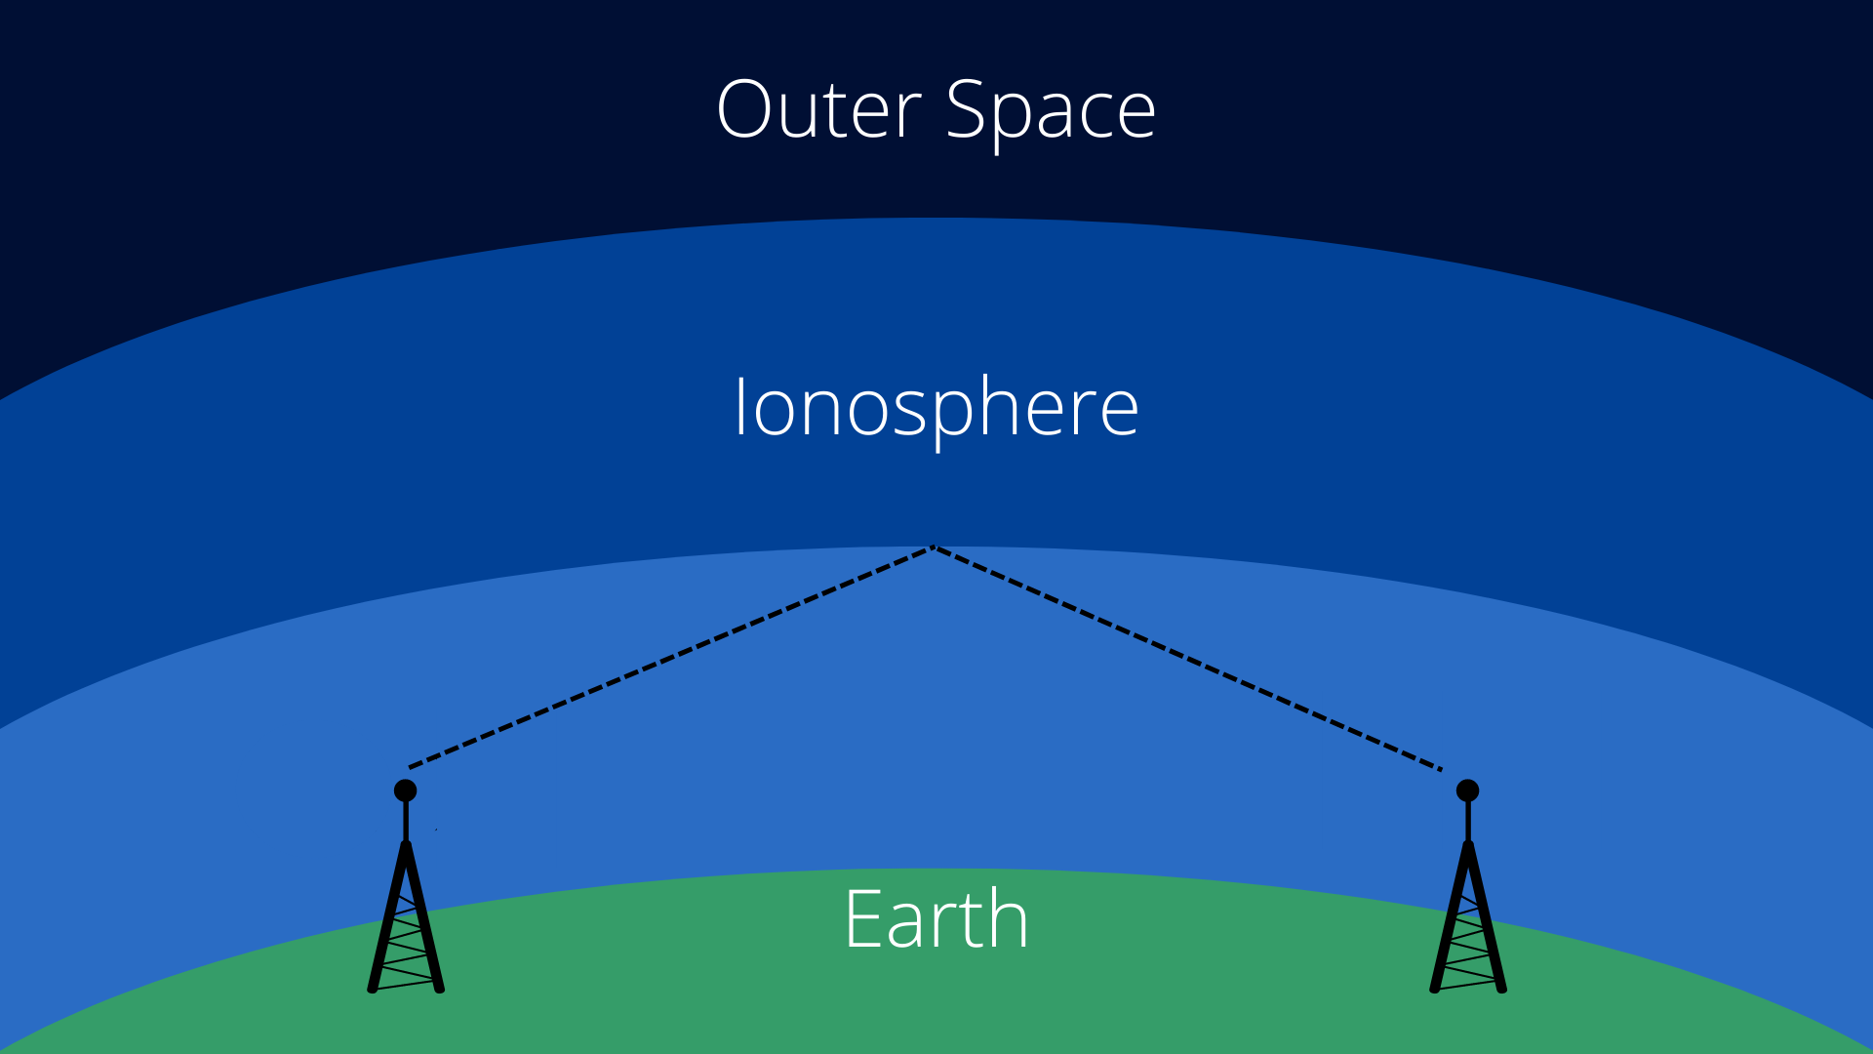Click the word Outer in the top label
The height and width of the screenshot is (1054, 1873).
(x=819, y=109)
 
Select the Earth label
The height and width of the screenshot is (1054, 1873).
(x=936, y=918)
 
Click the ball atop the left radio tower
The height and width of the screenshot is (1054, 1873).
(x=406, y=790)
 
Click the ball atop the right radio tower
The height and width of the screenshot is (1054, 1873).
(x=1467, y=790)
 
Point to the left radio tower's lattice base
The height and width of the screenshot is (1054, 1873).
(x=406, y=917)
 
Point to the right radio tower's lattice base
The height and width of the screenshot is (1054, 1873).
(x=1468, y=917)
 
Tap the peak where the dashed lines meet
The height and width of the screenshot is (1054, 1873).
(x=933, y=547)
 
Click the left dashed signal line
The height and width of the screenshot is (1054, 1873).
(x=670, y=658)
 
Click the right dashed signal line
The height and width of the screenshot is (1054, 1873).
(x=1187, y=658)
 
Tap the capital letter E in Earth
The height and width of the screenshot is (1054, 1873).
(x=863, y=918)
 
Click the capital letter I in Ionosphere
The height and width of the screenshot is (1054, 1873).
(x=740, y=407)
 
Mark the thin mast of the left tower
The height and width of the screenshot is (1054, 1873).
(x=406, y=822)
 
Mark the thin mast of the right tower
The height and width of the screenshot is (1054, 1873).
(x=1468, y=822)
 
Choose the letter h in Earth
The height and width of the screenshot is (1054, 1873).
(x=1008, y=917)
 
